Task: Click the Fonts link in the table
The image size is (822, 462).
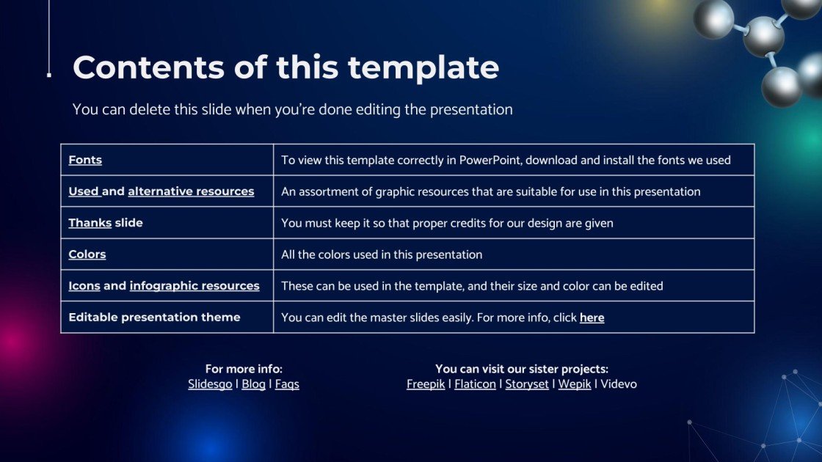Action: (85, 160)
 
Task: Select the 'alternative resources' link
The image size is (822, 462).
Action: (191, 191)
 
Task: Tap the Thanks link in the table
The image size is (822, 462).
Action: (90, 223)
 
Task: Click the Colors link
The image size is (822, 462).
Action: (87, 254)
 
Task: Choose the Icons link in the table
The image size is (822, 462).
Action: (84, 285)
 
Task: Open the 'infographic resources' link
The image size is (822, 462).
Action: (194, 286)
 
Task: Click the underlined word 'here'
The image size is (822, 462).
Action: (592, 318)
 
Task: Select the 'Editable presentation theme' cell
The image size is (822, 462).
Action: (167, 317)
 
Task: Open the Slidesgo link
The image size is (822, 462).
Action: (210, 384)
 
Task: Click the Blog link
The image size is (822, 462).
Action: (253, 384)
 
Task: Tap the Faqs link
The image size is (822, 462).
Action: (287, 384)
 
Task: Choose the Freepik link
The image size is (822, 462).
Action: (425, 384)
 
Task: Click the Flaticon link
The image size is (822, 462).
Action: (475, 384)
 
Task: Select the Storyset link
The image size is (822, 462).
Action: (527, 384)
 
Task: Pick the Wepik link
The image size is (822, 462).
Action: (574, 384)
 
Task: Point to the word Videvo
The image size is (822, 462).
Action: (619, 384)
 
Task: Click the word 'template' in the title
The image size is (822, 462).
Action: (423, 68)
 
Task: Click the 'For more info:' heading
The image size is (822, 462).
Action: (244, 369)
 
